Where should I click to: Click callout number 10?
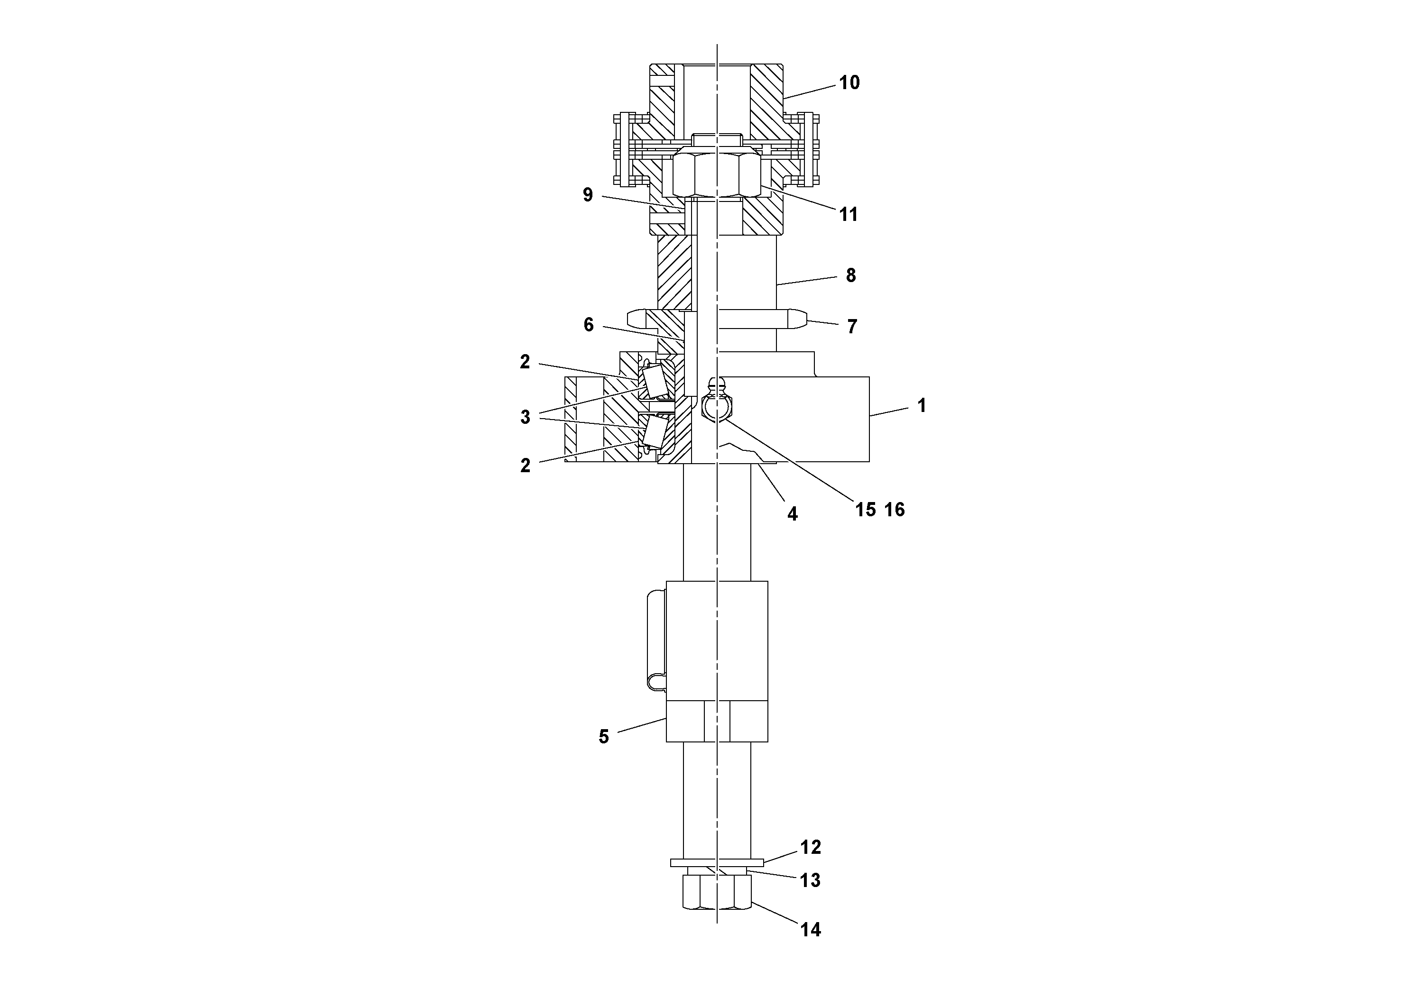click(849, 83)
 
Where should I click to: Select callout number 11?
click(849, 214)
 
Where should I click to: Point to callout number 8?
click(850, 275)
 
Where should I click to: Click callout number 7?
click(852, 326)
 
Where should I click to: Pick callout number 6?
click(589, 325)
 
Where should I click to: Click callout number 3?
click(525, 417)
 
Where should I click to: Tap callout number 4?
click(792, 514)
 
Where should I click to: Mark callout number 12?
click(811, 847)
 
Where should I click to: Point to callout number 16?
click(895, 509)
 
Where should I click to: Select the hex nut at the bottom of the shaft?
click(717, 901)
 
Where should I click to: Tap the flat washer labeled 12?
click(717, 863)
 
